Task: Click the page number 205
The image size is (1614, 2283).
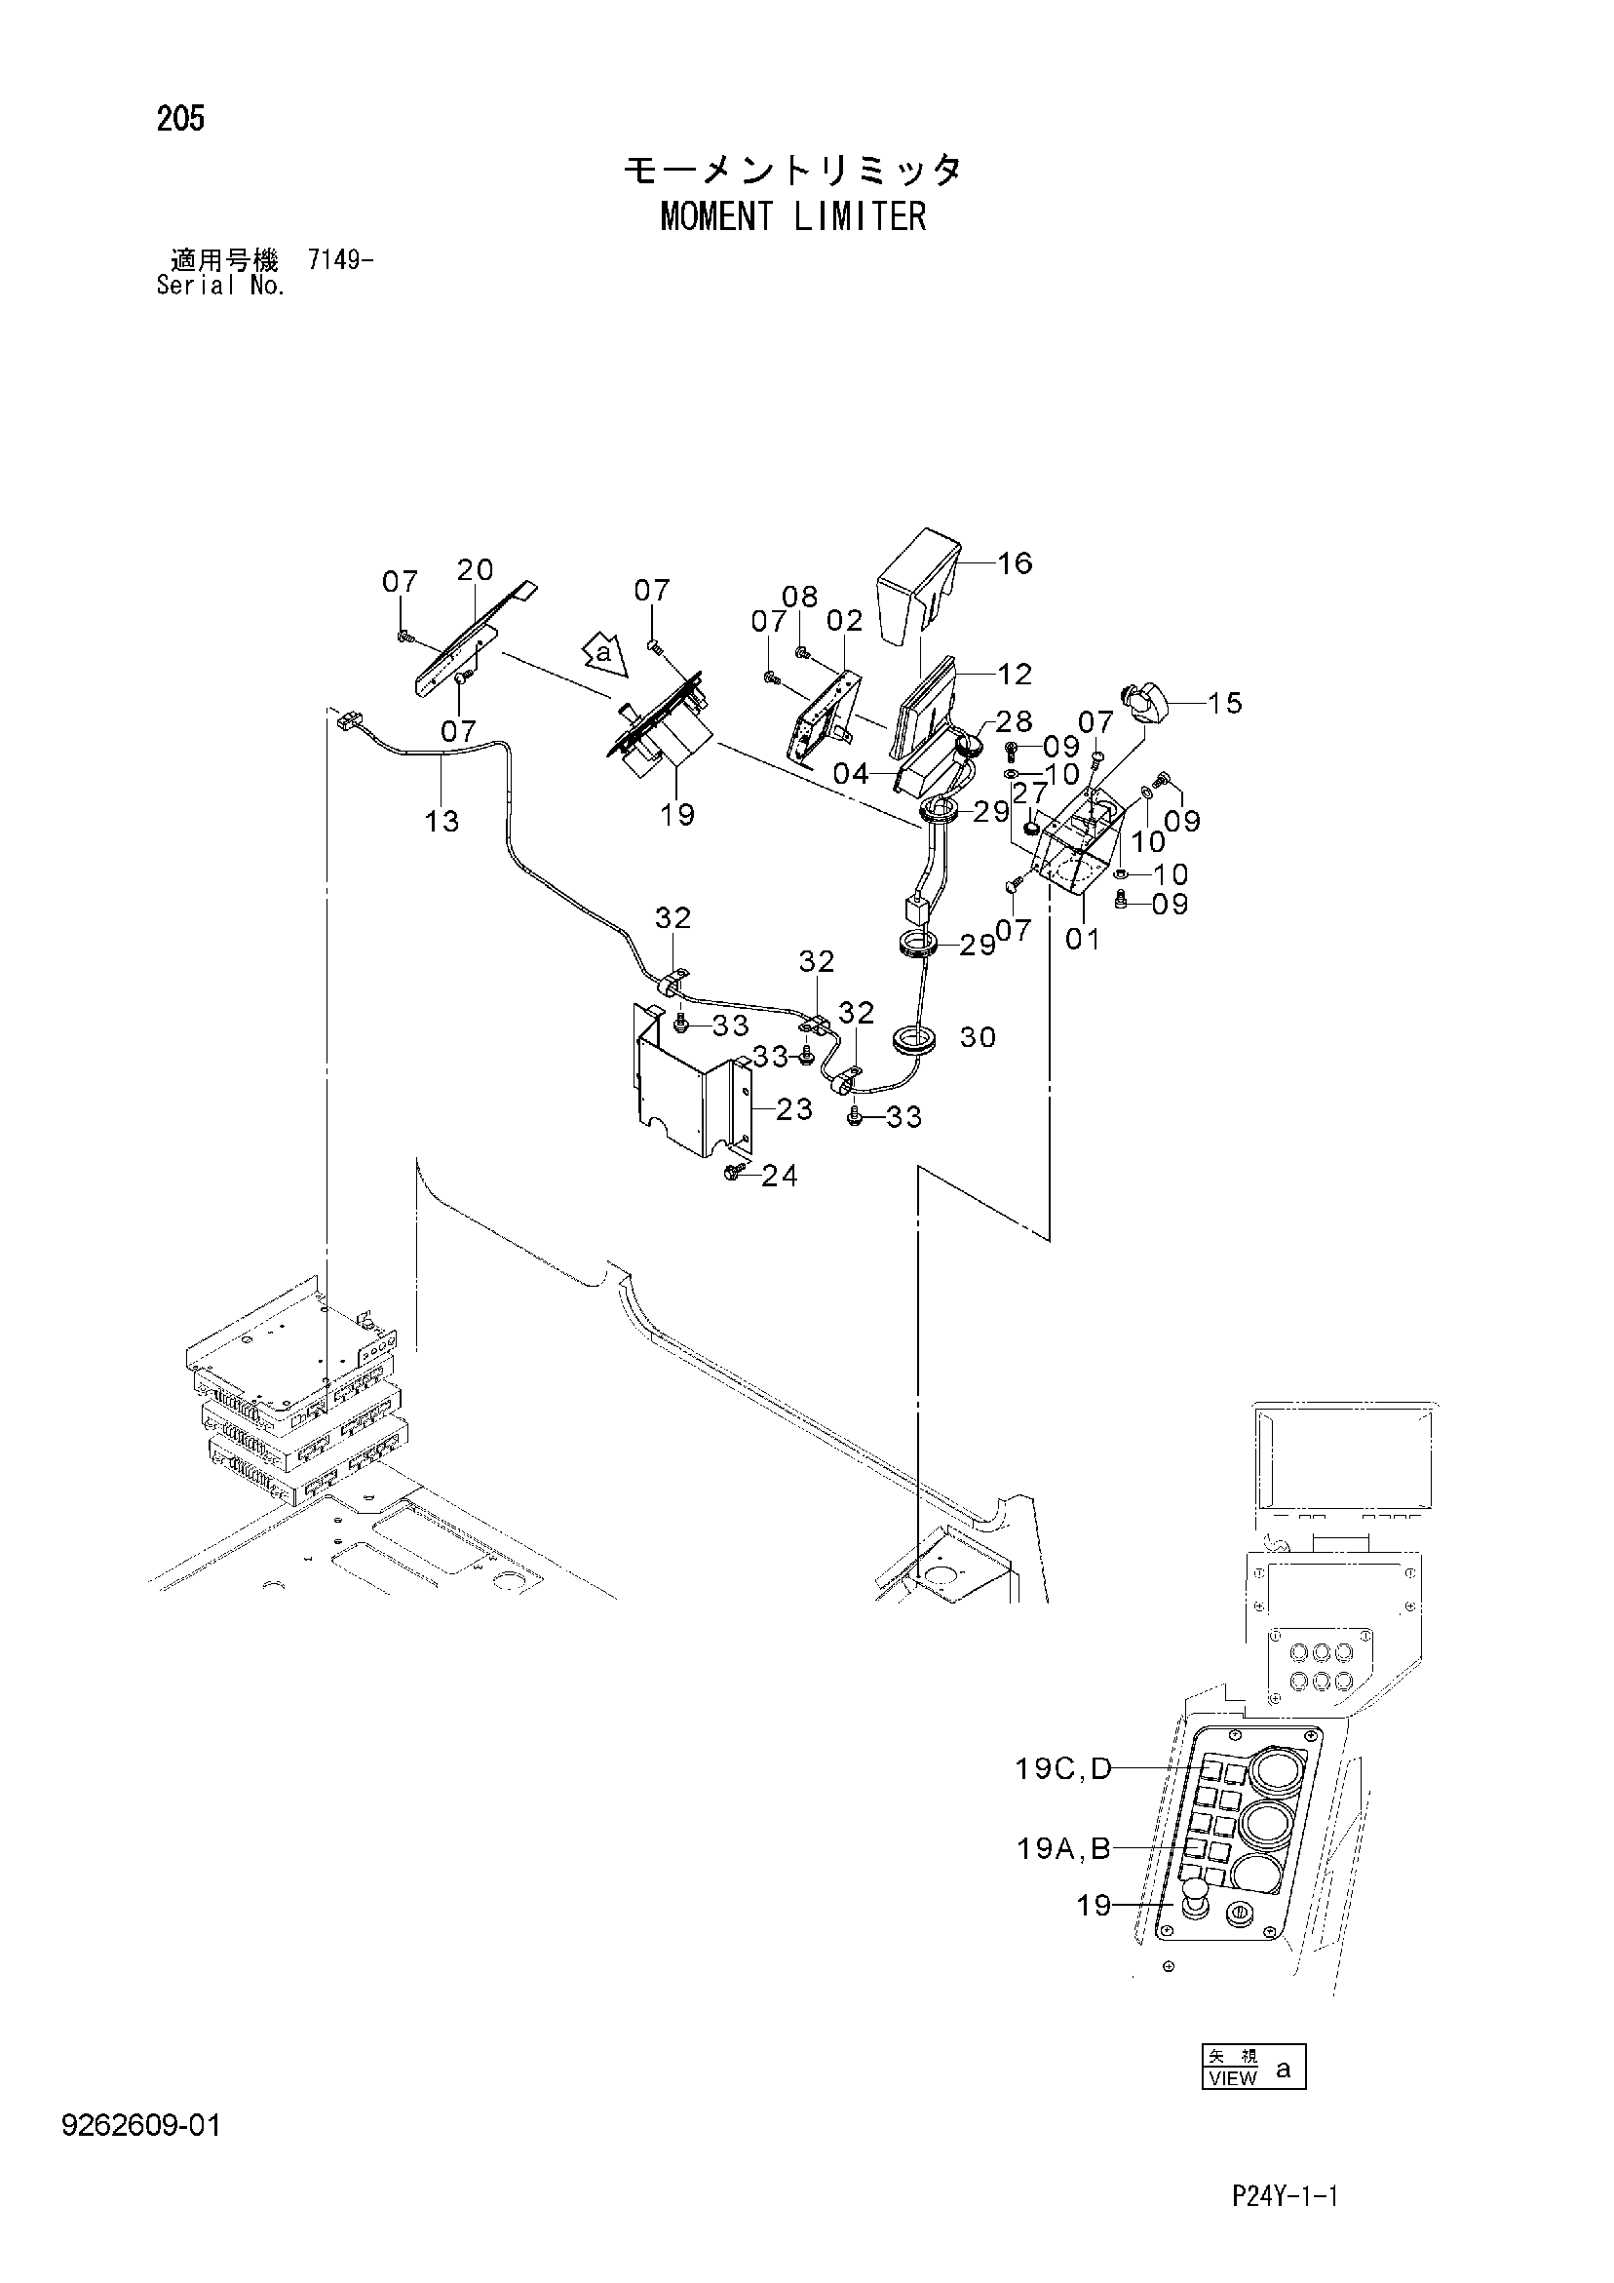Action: [x=180, y=119]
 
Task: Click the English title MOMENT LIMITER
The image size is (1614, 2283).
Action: [x=792, y=216]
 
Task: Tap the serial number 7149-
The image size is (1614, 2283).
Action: [x=341, y=261]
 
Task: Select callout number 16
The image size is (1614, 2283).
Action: [x=1016, y=563]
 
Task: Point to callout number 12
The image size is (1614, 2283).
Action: [x=1016, y=675]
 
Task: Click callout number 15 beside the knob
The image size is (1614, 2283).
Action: [x=1226, y=703]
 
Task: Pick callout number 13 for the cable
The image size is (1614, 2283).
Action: [x=442, y=822]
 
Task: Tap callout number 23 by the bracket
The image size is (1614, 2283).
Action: [x=794, y=1108]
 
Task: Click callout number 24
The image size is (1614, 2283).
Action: [x=780, y=1177]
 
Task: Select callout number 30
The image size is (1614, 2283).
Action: [x=978, y=1037]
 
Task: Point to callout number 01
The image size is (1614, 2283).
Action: [x=1083, y=938]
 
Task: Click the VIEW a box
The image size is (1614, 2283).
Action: [x=1253, y=2068]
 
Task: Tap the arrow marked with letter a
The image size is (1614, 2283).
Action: [x=603, y=654]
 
